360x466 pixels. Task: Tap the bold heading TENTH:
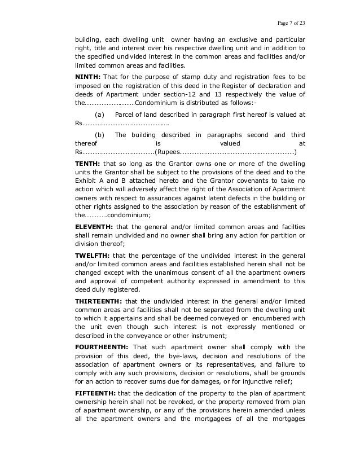(x=87, y=162)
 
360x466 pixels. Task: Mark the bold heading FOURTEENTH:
(x=102, y=347)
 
